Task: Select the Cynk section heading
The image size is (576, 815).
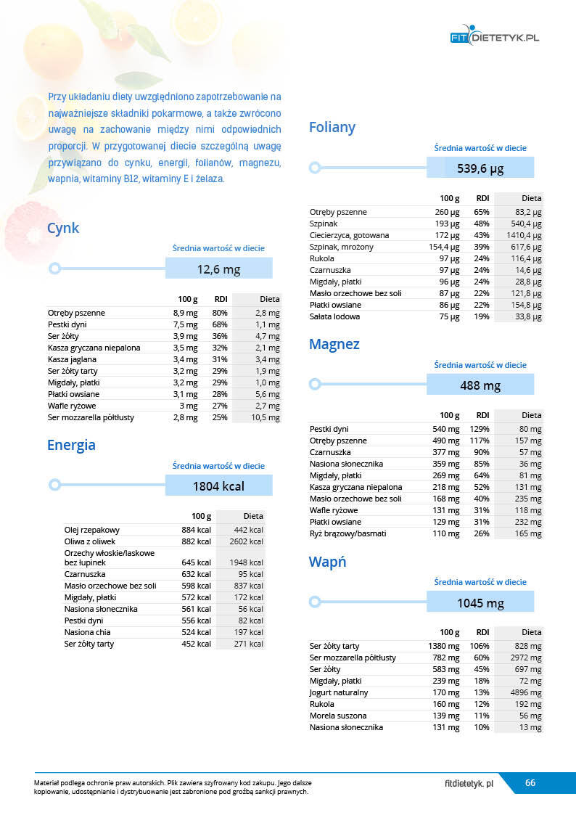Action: click(x=63, y=229)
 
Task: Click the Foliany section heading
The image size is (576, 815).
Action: click(x=332, y=128)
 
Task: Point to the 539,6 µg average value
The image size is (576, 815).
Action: click(x=480, y=169)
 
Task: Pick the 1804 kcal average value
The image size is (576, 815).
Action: click(x=218, y=486)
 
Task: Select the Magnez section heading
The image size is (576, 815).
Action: click(x=334, y=344)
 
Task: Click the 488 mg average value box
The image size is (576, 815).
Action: click(x=480, y=385)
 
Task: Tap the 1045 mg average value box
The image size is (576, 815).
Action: click(x=480, y=603)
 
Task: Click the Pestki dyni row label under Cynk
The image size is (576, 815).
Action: click(x=67, y=324)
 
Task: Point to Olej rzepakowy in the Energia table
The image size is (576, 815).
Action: click(x=92, y=530)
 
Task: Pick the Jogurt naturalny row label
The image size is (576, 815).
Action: click(x=339, y=692)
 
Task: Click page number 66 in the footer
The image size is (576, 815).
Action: click(x=530, y=783)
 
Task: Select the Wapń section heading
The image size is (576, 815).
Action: click(x=328, y=562)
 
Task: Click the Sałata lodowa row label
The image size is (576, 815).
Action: click(x=334, y=316)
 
